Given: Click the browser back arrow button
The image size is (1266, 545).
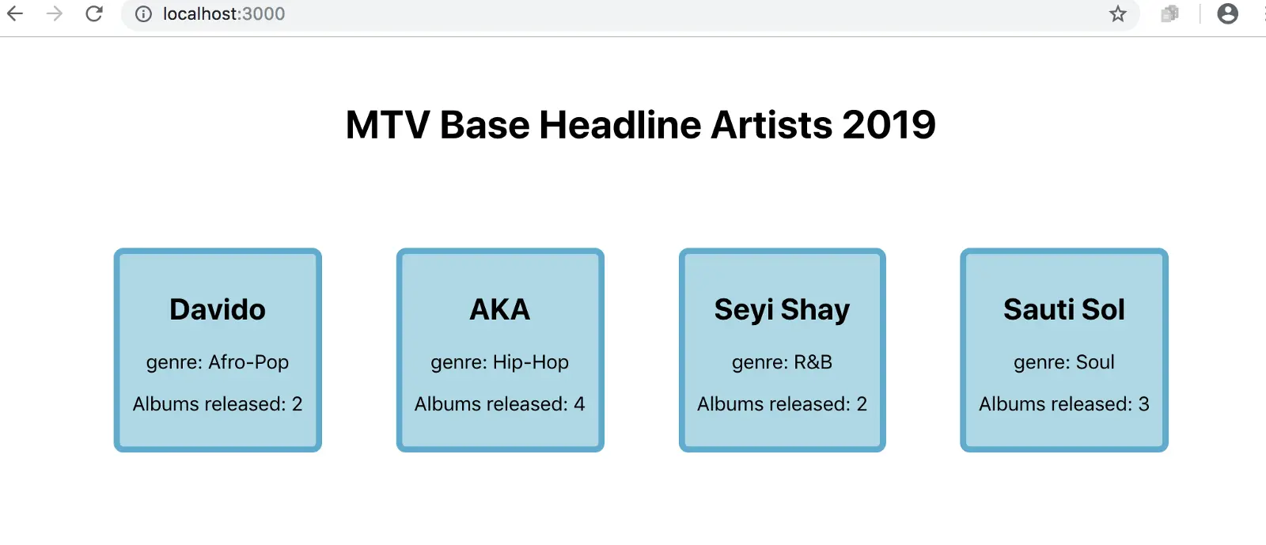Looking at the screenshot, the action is point(15,13).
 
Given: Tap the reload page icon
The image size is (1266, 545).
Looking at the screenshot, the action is point(94,13).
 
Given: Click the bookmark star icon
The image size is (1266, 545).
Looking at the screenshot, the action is point(1117,13).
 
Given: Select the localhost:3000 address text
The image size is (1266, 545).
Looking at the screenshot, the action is point(224,13).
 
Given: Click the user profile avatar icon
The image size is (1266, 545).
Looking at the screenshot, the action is point(1227,13).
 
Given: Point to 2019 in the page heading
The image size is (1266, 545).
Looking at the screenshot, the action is point(889,125).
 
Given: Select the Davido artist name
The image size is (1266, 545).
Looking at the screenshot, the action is point(218,309).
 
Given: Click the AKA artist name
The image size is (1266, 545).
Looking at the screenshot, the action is point(499,309).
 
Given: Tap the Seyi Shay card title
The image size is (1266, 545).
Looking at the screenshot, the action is point(783,310).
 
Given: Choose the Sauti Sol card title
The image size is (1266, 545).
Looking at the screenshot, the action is point(1064,309).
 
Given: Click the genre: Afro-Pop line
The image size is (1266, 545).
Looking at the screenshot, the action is point(218,362).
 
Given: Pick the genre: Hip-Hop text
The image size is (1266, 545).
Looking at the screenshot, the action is point(499,362).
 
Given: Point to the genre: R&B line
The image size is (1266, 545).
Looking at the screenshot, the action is point(783,362).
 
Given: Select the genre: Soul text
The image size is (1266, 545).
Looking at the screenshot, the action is point(1064,362).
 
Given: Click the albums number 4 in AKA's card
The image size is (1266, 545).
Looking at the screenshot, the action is point(579,404).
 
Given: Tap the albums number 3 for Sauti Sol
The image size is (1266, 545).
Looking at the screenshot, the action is point(1143,404).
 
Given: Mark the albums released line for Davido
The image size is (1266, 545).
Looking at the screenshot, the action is point(218,404).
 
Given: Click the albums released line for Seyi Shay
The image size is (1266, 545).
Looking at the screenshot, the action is point(783,404).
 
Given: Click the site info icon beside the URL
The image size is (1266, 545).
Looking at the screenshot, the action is point(143,13).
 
